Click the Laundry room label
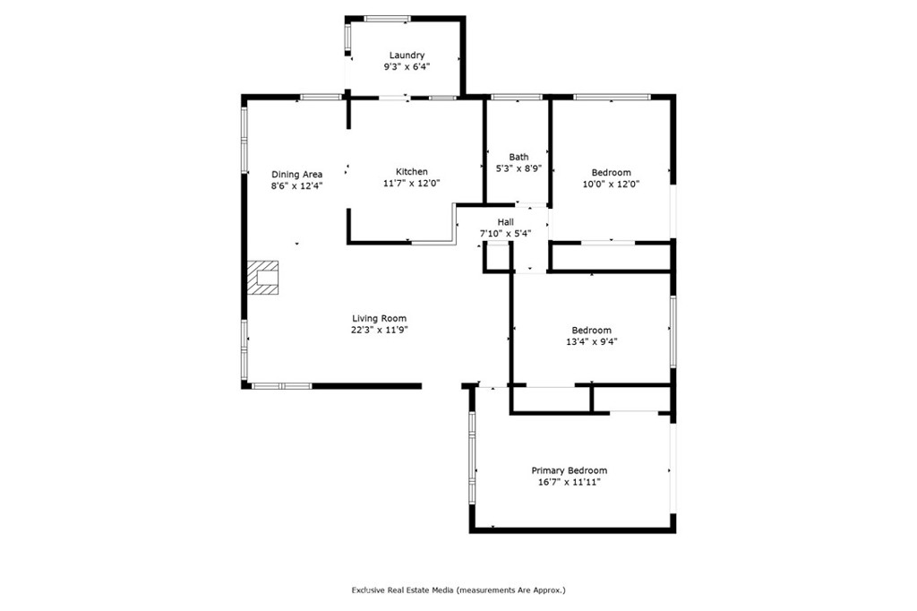point(407,55)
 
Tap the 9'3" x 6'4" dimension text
point(407,66)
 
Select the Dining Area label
point(297,174)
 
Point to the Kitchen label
point(412,171)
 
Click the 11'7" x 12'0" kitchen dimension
point(412,183)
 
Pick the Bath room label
point(518,157)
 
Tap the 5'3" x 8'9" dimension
point(518,168)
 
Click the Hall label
point(506,222)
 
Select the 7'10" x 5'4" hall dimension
point(506,234)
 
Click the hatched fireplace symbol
point(262,278)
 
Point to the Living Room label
point(379,318)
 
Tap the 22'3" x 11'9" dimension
point(379,330)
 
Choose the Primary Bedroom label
point(569,470)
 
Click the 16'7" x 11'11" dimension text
point(569,482)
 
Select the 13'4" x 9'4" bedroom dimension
point(592,342)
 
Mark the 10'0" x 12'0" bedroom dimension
point(611,184)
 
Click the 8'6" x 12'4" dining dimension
point(297,185)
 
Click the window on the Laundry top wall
point(387,19)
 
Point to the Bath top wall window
point(517,97)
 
